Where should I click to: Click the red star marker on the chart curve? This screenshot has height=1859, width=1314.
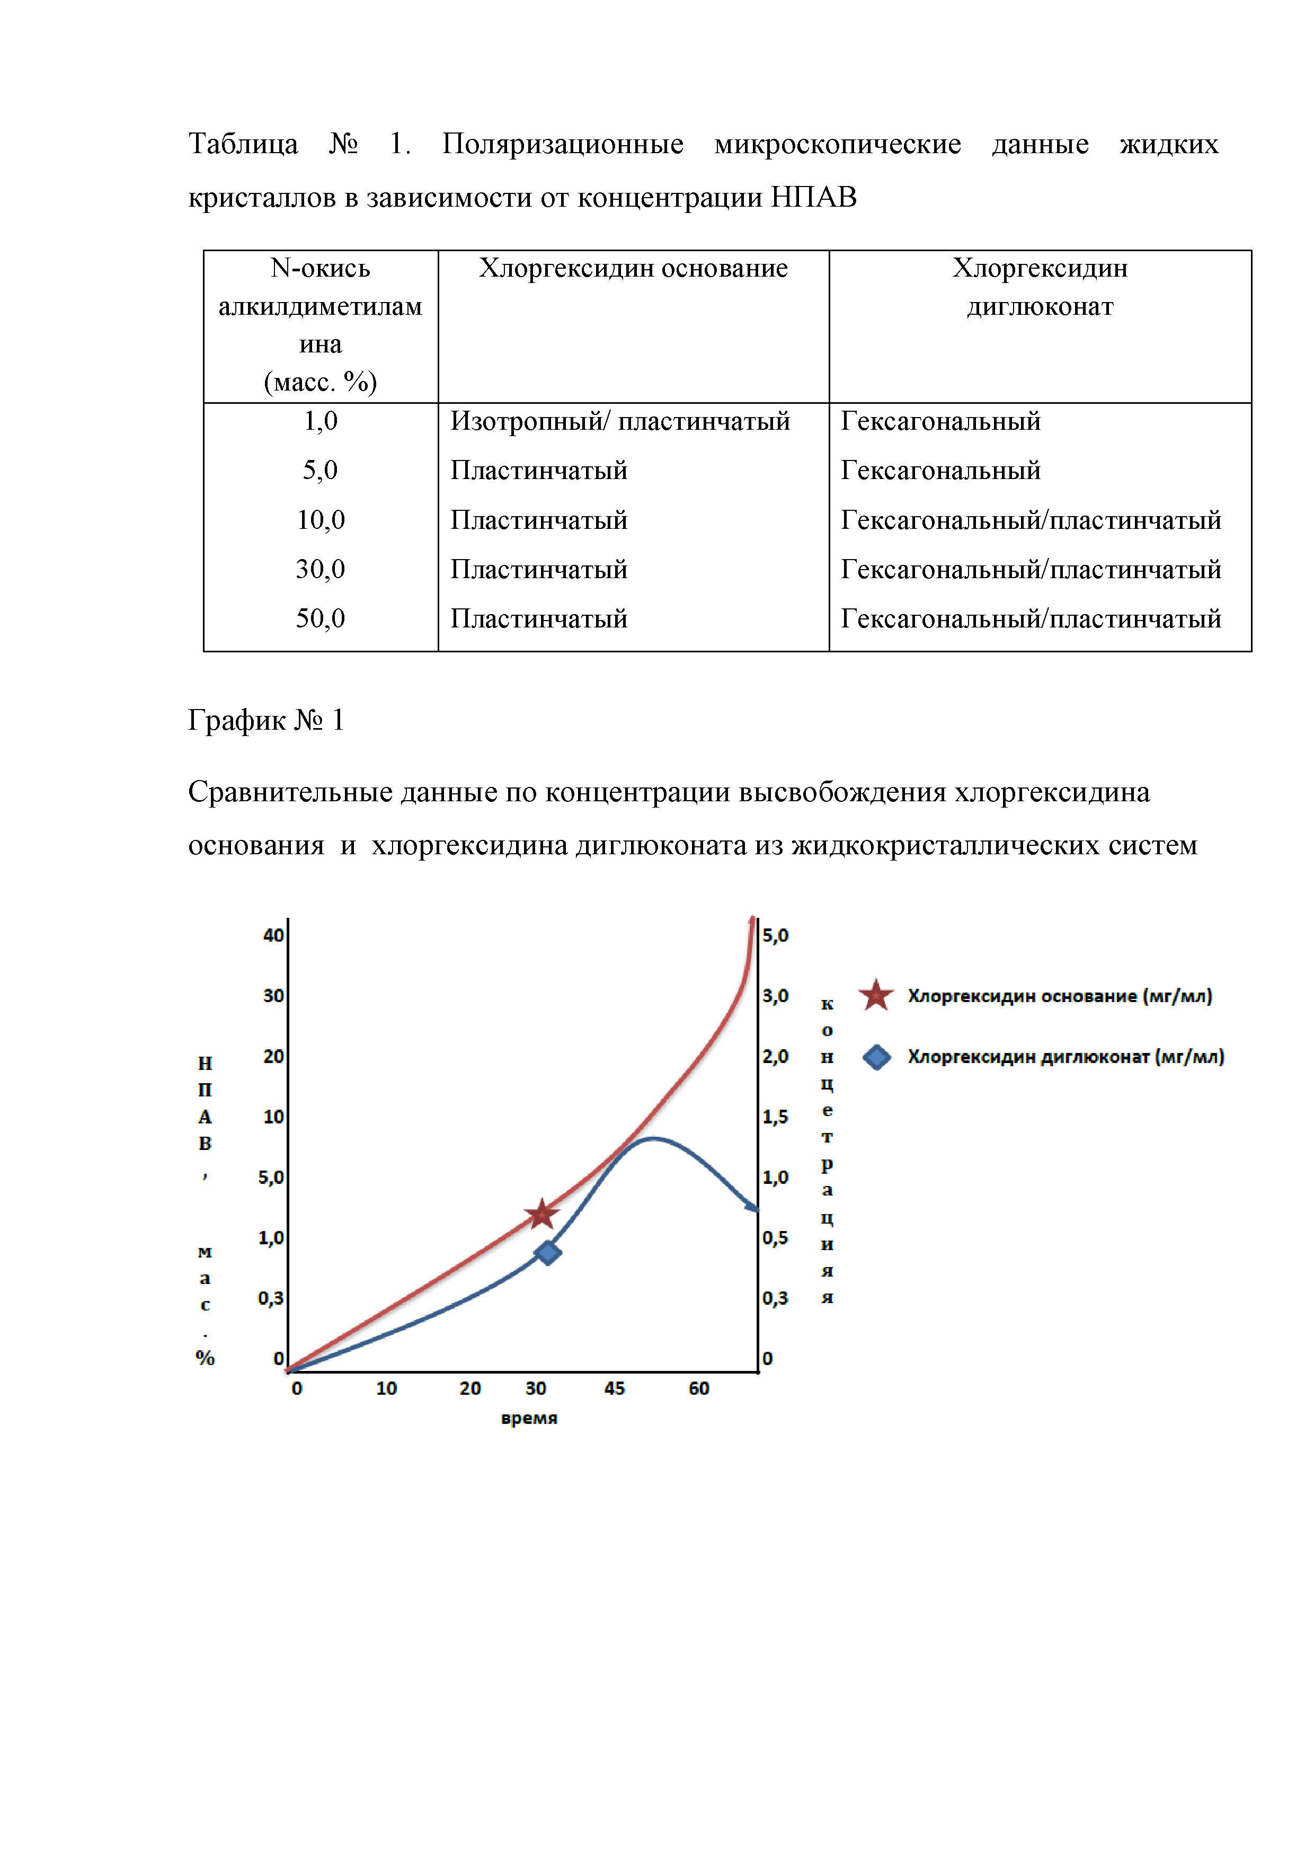(x=541, y=1215)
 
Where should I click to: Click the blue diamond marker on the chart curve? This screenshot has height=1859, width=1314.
(x=548, y=1253)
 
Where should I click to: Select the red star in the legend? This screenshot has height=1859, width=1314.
(x=876, y=996)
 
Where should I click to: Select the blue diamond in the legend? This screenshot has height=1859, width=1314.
(x=877, y=1057)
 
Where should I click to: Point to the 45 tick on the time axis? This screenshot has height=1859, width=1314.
(x=615, y=1388)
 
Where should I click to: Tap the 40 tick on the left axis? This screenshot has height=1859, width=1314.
(x=273, y=935)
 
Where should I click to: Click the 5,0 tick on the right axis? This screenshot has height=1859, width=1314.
(x=775, y=935)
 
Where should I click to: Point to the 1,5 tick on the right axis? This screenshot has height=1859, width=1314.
(x=775, y=1117)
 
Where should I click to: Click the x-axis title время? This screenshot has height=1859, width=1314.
(x=529, y=1419)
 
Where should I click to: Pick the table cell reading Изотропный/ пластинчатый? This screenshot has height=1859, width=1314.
(x=620, y=421)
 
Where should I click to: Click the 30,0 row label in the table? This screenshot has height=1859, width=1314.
(x=321, y=569)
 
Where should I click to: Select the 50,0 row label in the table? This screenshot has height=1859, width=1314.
(x=321, y=618)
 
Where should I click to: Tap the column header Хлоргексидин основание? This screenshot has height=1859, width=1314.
(x=633, y=268)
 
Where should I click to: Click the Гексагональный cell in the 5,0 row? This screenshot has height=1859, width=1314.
(x=940, y=471)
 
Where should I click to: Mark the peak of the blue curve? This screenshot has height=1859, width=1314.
(x=653, y=1139)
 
